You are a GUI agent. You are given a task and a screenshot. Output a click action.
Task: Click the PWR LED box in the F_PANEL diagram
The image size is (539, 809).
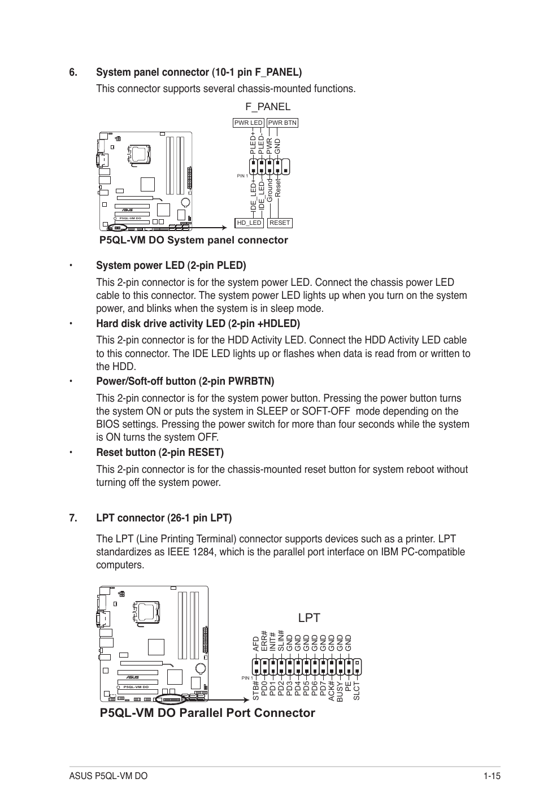pyautogui.click(x=249, y=123)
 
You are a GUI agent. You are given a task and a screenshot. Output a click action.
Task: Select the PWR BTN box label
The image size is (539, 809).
pyautogui.click(x=282, y=123)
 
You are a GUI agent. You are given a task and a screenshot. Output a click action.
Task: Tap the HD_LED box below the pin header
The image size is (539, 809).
pyautogui.click(x=249, y=223)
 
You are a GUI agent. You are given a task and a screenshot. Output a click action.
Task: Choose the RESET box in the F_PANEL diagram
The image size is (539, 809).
pyautogui.click(x=280, y=223)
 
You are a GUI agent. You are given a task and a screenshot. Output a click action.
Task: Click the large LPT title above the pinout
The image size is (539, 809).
pyautogui.click(x=308, y=618)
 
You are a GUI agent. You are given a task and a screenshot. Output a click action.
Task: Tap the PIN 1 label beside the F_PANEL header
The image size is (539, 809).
pyautogui.click(x=242, y=176)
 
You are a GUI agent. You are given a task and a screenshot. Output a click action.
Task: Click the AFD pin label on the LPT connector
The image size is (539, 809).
pyautogui.click(x=256, y=645)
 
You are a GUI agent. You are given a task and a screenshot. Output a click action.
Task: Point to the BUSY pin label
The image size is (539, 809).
pyautogui.click(x=340, y=692)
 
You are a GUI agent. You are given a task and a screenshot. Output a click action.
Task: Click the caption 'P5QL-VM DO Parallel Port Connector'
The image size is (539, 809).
pyautogui.click(x=207, y=713)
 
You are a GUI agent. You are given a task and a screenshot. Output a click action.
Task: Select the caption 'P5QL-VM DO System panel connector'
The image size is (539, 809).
pyautogui.click(x=194, y=241)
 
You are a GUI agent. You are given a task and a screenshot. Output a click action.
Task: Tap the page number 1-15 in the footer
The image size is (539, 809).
pyautogui.click(x=492, y=776)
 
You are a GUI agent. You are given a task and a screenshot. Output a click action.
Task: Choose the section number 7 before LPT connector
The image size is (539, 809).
pyautogui.click(x=72, y=518)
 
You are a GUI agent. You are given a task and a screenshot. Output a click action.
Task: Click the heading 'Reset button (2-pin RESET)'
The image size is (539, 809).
pyautogui.click(x=160, y=453)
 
